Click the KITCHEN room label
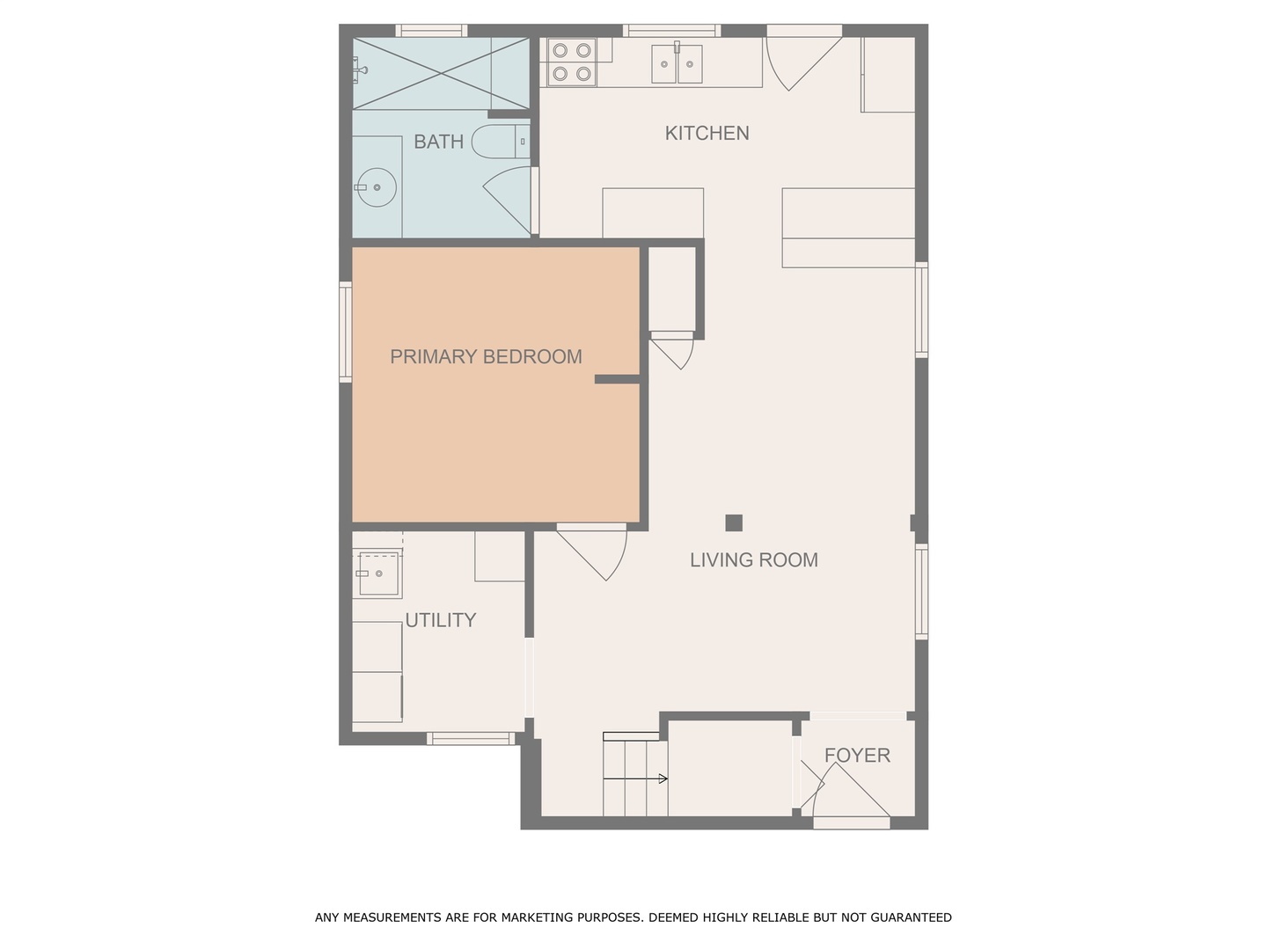click(707, 134)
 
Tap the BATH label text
click(438, 142)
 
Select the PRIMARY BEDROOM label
click(486, 357)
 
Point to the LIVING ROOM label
click(753, 560)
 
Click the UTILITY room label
click(440, 620)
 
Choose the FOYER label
click(857, 756)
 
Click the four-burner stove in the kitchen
click(571, 62)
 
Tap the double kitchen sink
click(677, 63)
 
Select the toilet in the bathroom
click(499, 142)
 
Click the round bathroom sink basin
click(376, 187)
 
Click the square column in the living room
click(734, 523)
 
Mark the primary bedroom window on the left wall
click(345, 332)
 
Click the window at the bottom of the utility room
click(472, 739)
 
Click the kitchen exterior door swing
click(801, 60)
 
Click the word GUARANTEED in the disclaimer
click(911, 917)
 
